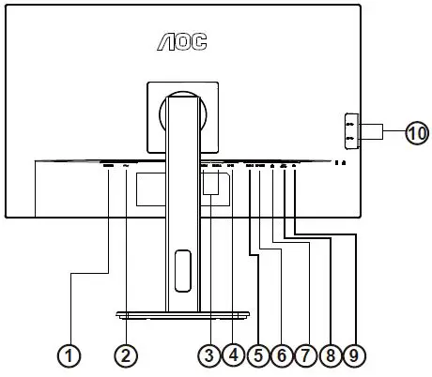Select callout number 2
(126, 355)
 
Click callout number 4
(233, 355)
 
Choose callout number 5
(257, 355)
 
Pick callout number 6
(281, 355)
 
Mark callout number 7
(304, 355)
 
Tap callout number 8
(328, 355)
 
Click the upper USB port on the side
(350, 123)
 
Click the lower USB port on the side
(350, 140)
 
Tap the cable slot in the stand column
(181, 262)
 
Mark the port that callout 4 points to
(232, 166)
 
